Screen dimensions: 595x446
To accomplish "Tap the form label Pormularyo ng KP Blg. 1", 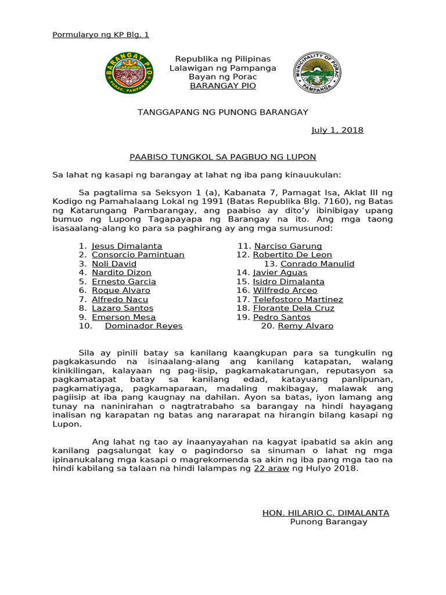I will tap(100, 35).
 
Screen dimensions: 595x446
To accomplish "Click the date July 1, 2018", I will tap(337, 130).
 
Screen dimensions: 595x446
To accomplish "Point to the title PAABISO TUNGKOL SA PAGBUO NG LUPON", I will tap(222, 157).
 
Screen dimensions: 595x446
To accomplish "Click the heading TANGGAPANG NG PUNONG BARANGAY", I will tap(222, 112).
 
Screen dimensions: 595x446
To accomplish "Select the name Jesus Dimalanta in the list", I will tap(127, 246).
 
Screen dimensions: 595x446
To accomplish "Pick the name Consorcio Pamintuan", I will tap(138, 255).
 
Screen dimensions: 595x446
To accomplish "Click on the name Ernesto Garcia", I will tap(124, 282).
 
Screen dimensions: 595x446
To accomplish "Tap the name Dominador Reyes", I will tap(143, 326).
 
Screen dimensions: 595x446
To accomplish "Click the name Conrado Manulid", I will tap(317, 264).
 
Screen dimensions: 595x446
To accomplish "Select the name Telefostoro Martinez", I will tap(298, 300).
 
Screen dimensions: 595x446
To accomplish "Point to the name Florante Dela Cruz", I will tap(293, 309).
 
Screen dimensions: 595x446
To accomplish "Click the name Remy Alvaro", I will tap(305, 326).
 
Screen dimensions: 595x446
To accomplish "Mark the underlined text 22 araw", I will tap(271, 468).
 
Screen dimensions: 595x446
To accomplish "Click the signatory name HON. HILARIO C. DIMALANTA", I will tap(326, 513).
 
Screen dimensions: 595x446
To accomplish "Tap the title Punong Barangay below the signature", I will tap(329, 522).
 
